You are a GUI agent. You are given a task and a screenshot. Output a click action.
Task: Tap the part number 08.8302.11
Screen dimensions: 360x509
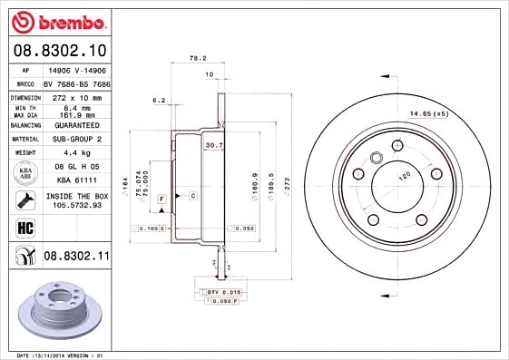pos(76,258)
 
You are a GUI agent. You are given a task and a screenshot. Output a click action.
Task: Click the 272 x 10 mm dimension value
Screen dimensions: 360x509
pos(76,96)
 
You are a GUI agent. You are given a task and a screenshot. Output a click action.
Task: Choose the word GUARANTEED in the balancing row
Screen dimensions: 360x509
pos(76,125)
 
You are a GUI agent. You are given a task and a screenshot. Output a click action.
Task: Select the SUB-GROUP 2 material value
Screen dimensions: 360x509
pos(76,139)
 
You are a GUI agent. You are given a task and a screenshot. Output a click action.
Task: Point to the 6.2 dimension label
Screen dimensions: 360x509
pos(159,99)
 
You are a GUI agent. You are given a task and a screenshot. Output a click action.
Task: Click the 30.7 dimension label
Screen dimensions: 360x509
pos(213,144)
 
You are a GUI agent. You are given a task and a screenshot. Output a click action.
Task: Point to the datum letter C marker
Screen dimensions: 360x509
pos(192,196)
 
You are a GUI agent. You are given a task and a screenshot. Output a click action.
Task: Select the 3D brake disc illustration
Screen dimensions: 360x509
pos(56,311)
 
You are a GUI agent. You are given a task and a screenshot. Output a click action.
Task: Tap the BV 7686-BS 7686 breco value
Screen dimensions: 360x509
pos(76,82)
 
